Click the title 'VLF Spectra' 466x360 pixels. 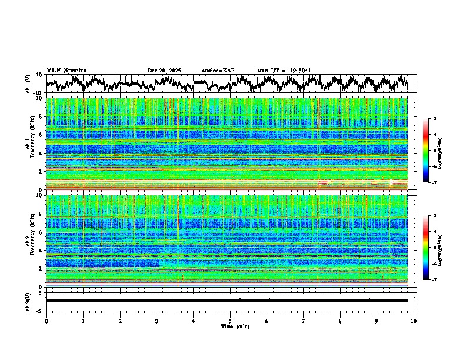[66, 70]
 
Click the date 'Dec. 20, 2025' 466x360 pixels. [164, 71]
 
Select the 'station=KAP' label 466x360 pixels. [218, 71]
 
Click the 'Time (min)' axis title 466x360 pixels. [230, 326]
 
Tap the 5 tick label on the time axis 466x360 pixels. [230, 321]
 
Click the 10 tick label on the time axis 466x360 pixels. [414, 321]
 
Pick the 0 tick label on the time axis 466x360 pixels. [46, 321]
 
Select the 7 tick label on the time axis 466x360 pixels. [304, 321]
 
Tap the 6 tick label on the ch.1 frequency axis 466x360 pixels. [41, 135]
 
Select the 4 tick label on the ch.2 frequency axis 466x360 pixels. [41, 251]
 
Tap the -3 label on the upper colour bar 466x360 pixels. [434, 119]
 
